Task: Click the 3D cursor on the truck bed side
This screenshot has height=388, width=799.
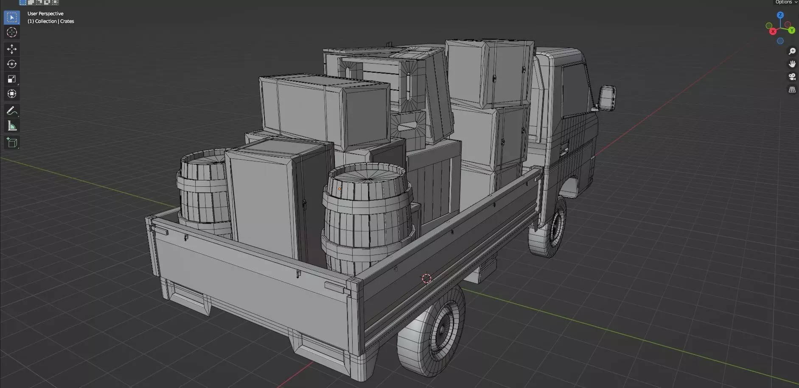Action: coord(426,278)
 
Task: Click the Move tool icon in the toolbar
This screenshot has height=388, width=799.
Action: coord(11,49)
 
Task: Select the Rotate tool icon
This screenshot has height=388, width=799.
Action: coord(11,64)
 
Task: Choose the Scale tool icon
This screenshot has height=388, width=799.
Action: coord(11,79)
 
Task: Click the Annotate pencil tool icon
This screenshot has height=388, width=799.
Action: coord(11,111)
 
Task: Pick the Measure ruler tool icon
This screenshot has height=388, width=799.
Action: coord(11,126)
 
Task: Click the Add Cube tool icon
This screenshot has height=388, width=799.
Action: coord(11,143)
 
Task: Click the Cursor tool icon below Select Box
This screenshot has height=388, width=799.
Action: coord(11,32)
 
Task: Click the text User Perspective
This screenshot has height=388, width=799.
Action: coord(45,14)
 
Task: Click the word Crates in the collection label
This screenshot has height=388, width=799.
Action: coord(67,21)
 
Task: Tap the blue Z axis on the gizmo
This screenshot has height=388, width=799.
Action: coord(780,15)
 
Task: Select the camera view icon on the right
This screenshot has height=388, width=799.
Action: coord(792,77)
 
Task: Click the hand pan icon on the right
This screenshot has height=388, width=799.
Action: coord(792,64)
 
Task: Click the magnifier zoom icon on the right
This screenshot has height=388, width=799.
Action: coord(792,51)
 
